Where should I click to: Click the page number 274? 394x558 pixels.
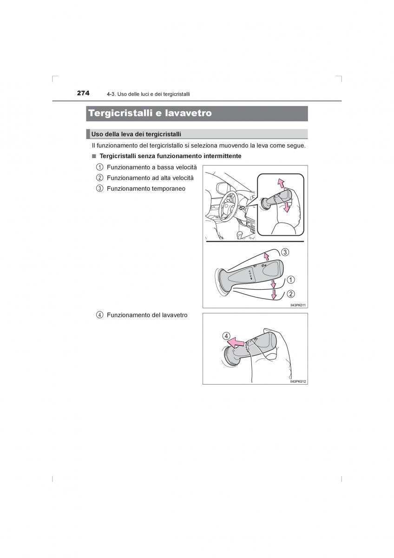83,93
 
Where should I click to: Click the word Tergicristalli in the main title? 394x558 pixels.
120,113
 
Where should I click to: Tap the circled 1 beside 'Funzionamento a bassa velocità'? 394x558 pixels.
99,167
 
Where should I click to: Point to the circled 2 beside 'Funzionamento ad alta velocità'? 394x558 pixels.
99,178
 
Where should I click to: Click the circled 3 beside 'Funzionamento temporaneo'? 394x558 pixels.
99,189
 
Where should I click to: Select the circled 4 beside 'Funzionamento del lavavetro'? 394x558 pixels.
99,315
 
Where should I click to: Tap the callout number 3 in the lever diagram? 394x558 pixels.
285,252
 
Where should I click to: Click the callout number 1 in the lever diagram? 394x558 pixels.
291,280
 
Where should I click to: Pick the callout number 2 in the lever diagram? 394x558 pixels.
291,294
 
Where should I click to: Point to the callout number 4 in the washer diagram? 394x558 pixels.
226,336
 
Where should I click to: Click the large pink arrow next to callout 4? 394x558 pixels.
236,343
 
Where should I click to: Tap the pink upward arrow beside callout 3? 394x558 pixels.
267,256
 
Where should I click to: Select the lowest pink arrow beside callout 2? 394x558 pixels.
274,294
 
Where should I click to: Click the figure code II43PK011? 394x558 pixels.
298,305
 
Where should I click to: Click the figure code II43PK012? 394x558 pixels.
298,381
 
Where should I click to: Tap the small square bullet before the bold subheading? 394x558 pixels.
94,156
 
